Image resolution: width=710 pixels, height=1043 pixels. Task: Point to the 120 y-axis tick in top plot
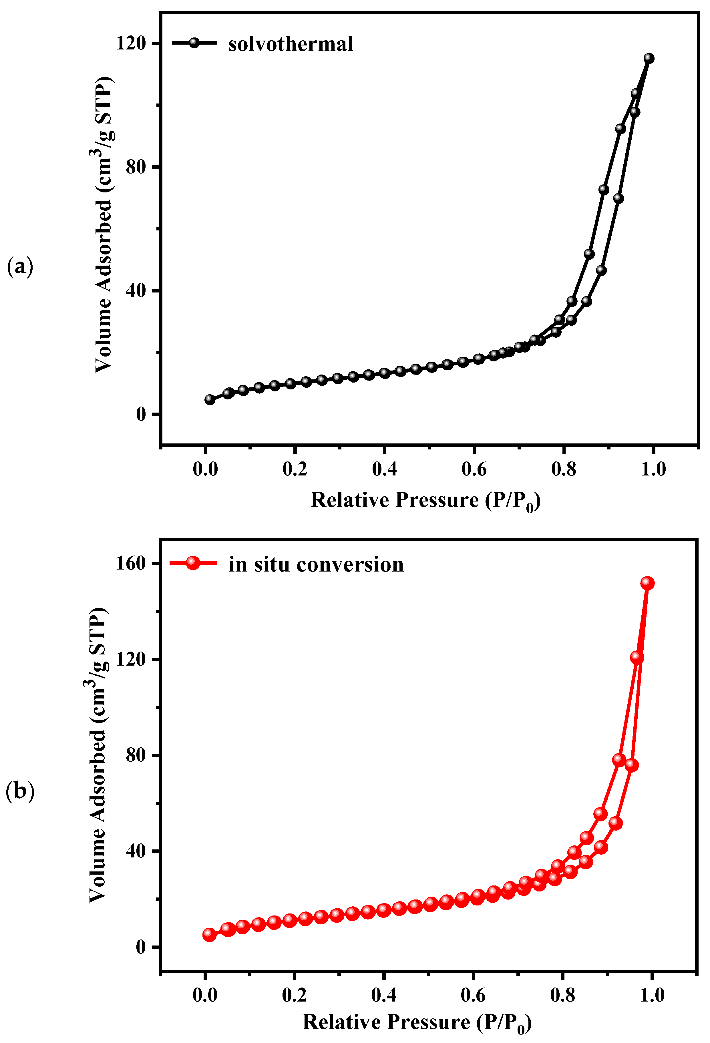tap(131, 43)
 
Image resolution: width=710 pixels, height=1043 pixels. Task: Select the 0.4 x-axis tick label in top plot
tap(384, 469)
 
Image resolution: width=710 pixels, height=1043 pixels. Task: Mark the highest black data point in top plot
tap(649, 58)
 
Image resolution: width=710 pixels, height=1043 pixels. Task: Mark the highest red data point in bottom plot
tap(647, 583)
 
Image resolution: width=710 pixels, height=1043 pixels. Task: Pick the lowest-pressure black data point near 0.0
tap(210, 399)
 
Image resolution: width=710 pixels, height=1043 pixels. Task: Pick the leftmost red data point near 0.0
tap(209, 935)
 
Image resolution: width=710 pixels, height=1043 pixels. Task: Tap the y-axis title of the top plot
tap(104, 224)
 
